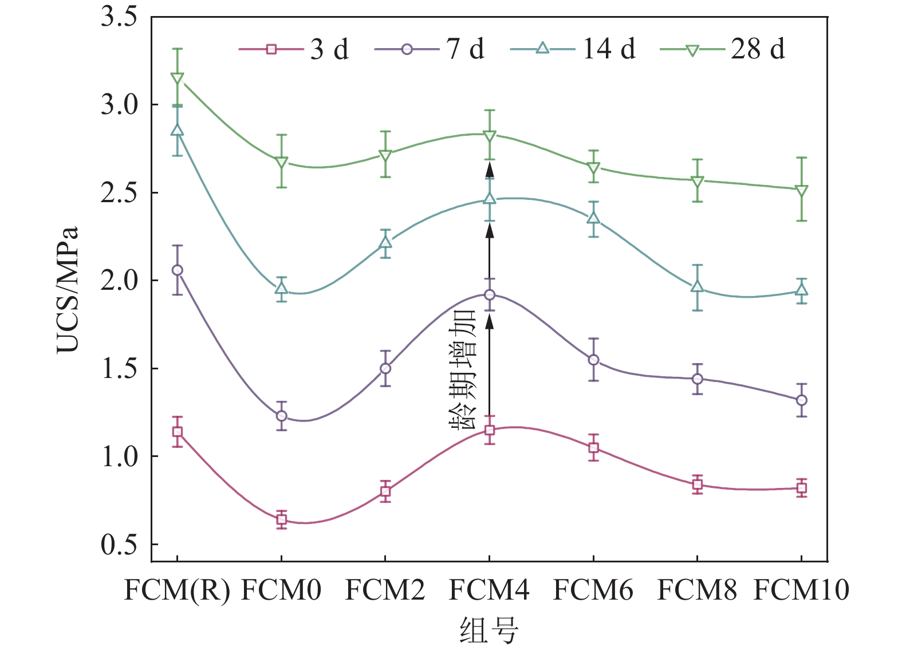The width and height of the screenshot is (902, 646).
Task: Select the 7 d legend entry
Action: [430, 49]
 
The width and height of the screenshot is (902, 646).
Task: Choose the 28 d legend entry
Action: [723, 49]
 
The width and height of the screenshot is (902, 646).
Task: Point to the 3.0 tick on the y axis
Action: [119, 105]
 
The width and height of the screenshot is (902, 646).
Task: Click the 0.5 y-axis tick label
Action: [119, 545]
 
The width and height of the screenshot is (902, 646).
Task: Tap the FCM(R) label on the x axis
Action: [177, 590]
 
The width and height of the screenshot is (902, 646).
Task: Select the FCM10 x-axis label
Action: [801, 590]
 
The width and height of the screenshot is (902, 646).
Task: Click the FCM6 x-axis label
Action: [593, 590]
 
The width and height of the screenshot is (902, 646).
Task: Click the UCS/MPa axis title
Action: [67, 289]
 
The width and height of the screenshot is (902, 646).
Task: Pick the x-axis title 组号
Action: [489, 630]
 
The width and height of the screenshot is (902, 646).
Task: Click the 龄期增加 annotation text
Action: [463, 369]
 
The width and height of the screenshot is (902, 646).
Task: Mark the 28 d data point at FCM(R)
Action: [178, 78]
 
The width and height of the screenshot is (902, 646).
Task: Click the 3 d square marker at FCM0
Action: [281, 519]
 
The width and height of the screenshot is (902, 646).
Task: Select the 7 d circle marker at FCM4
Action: [490, 295]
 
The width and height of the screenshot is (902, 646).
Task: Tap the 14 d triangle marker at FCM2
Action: [385, 242]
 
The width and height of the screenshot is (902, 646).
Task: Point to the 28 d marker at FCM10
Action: [802, 191]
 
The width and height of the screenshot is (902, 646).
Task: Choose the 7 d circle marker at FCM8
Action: [697, 379]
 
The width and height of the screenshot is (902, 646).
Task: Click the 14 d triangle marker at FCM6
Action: [593, 218]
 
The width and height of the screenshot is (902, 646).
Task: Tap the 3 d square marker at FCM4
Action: [490, 430]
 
